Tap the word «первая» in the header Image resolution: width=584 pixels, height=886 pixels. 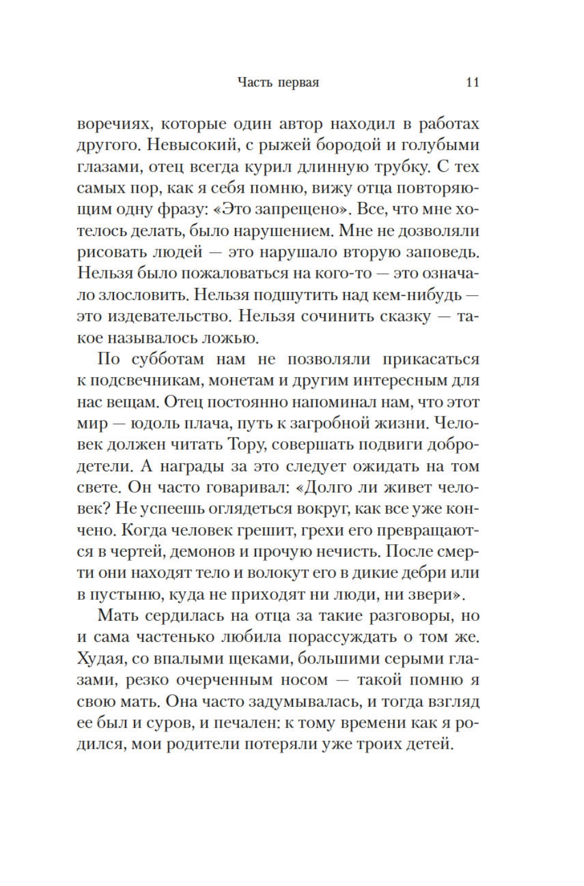click(x=298, y=82)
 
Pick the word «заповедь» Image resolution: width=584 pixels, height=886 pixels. click(x=444, y=253)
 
